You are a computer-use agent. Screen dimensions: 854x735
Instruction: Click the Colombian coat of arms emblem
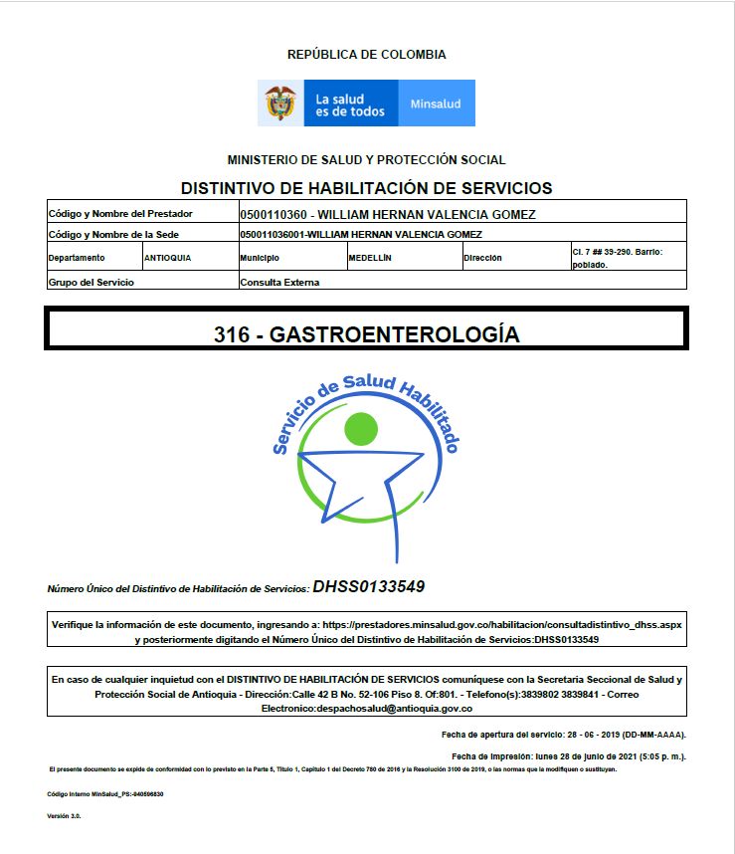pos(280,104)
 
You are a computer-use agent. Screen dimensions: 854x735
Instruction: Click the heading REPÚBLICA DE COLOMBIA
pos(366,55)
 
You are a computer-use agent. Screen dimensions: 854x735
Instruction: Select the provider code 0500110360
pos(275,214)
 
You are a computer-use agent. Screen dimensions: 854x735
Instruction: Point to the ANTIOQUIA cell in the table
pos(167,258)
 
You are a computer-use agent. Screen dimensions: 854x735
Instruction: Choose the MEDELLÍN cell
pos(370,258)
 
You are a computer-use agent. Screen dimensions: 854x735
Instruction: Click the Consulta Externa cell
pos(279,282)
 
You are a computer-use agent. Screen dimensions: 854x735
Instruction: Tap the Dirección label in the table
pos(482,258)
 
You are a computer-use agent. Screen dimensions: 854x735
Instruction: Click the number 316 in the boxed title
pos(232,334)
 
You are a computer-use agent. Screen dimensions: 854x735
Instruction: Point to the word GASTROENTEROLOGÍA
pos(394,334)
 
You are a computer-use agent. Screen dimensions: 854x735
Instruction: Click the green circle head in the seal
pos(361,429)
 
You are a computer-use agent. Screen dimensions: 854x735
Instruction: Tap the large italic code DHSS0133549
pos(369,586)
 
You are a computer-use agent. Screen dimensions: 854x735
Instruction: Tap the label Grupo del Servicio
pos(91,282)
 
